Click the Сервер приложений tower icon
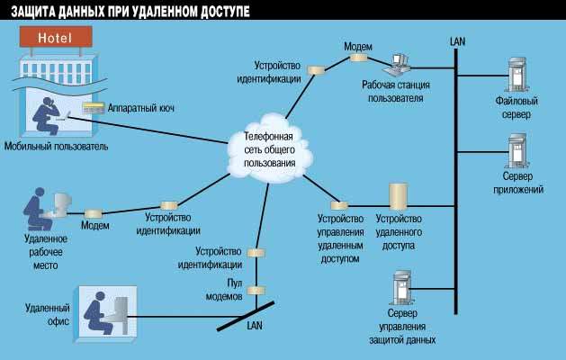point(517,152)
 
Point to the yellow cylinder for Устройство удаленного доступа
point(398,197)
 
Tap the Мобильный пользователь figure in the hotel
point(45,113)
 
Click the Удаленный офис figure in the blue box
point(101,311)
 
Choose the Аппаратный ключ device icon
point(93,108)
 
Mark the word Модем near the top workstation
point(357,45)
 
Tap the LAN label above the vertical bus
point(458,41)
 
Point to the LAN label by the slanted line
point(255,325)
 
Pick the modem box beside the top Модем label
point(358,58)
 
